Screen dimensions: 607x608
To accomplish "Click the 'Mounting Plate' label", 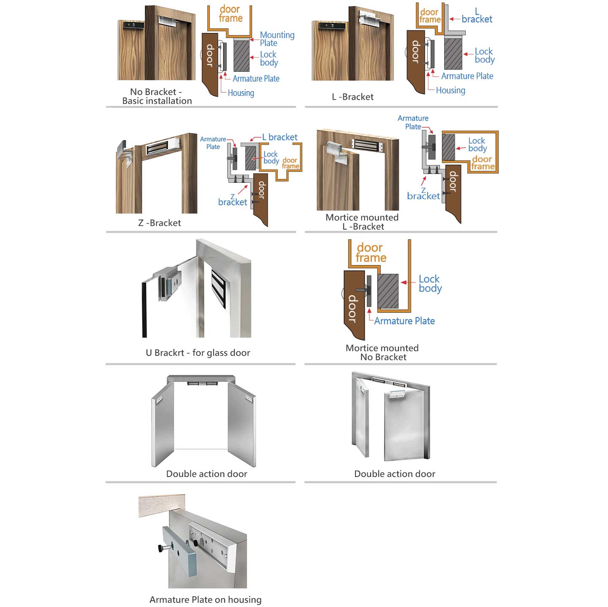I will tap(277, 39).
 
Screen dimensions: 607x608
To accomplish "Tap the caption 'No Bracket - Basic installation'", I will tap(157, 96).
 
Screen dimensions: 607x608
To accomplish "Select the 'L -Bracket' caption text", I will tap(353, 97).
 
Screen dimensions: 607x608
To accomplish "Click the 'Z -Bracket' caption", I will tap(159, 223).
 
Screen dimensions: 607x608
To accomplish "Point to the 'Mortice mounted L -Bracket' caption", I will tap(362, 222).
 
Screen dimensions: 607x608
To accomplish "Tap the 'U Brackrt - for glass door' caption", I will tap(198, 352).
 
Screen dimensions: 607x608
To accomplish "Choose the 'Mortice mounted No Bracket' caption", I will tap(382, 352).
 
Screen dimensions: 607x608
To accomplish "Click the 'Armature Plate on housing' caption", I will tap(205, 599).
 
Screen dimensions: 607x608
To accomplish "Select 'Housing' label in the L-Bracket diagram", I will tap(450, 90).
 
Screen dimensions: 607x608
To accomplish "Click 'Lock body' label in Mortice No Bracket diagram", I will tap(430, 284).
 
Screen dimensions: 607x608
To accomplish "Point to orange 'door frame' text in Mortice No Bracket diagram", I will tap(370, 252).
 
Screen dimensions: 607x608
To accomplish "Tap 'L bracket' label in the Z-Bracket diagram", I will tap(280, 137).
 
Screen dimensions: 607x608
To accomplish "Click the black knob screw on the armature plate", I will tap(161, 548).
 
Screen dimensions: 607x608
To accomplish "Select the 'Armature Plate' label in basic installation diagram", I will tap(256, 79).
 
